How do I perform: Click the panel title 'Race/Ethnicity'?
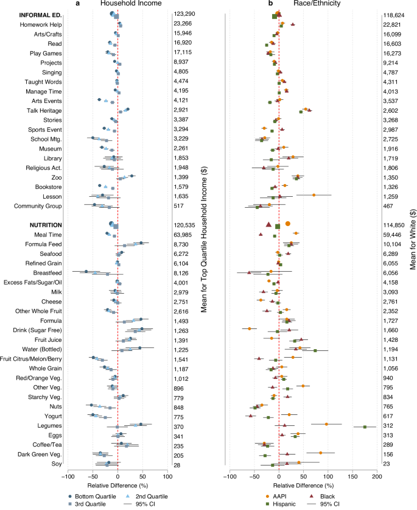click(323, 4)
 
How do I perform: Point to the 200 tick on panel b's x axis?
click(377, 476)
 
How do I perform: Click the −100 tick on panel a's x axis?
click(68, 476)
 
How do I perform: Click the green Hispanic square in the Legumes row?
click(365, 427)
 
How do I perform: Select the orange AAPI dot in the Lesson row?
click(314, 195)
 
